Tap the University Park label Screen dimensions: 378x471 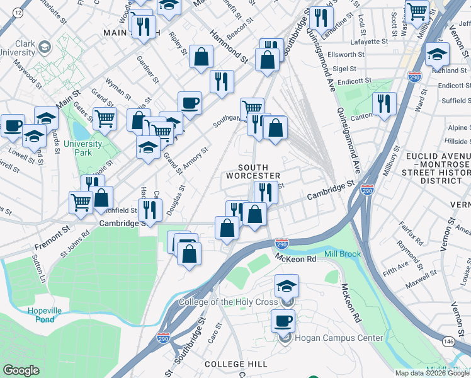82,148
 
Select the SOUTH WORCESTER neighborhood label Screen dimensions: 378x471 259,171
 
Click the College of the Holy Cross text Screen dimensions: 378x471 228,302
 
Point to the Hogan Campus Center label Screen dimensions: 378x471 338,338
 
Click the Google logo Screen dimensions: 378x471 21,370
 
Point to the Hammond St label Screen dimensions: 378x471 229,46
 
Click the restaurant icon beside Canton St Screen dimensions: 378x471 384,103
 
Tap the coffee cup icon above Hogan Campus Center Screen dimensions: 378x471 283,321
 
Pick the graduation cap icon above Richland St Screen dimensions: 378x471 437,55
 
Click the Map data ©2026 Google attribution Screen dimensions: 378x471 431,373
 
